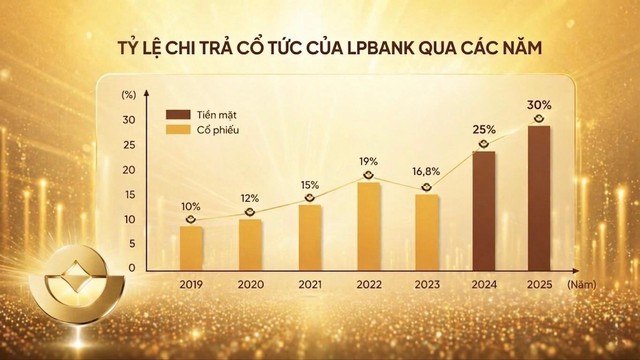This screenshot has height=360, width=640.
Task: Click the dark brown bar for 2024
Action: click(x=485, y=211)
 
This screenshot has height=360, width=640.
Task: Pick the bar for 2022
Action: click(x=367, y=226)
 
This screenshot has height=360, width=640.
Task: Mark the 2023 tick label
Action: click(x=426, y=283)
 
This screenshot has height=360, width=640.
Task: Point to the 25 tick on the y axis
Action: click(x=128, y=145)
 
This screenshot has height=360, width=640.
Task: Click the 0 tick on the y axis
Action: click(x=131, y=269)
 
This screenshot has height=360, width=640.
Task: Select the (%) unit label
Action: click(x=128, y=95)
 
